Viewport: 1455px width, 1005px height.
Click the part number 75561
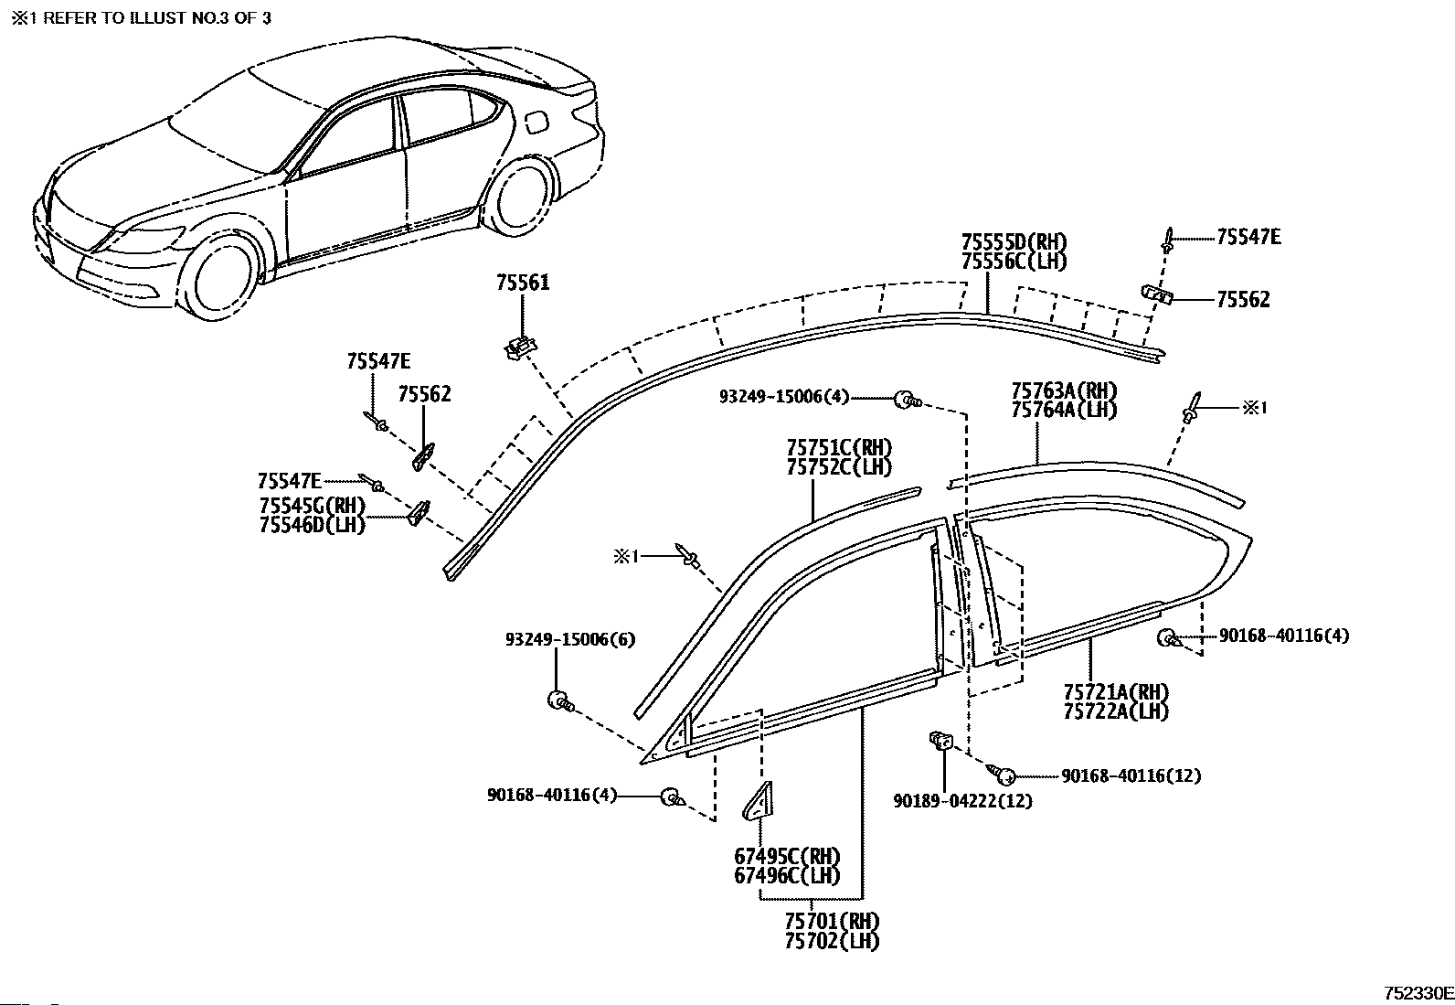click(523, 283)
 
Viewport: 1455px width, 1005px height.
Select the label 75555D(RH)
click(1014, 243)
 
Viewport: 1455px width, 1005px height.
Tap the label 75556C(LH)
click(1014, 261)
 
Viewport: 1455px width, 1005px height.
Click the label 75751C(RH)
click(839, 448)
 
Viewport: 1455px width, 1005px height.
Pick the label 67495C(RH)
click(787, 857)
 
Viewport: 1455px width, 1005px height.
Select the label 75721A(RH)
click(1116, 692)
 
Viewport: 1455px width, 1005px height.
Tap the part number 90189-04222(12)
click(962, 801)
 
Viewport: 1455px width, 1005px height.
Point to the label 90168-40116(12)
click(1131, 776)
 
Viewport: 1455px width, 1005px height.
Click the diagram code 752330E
click(1418, 993)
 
